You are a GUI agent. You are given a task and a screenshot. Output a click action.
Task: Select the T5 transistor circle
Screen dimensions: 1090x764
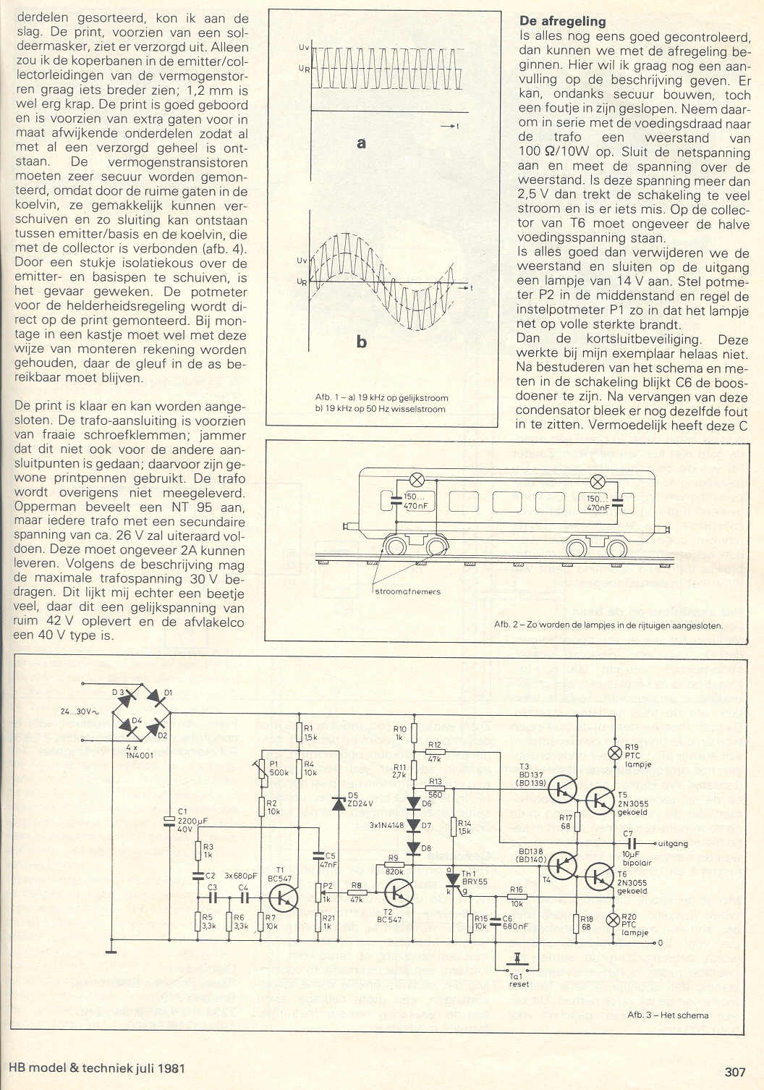click(600, 798)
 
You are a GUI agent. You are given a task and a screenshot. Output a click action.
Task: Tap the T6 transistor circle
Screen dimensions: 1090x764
click(600, 876)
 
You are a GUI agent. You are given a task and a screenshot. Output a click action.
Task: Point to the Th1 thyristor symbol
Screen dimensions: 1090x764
click(454, 879)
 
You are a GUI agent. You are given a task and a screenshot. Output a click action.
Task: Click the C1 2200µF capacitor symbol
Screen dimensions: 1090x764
click(169, 820)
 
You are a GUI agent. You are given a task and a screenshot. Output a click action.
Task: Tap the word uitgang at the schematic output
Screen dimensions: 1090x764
click(675, 844)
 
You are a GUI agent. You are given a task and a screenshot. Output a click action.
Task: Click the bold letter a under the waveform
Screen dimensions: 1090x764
click(361, 143)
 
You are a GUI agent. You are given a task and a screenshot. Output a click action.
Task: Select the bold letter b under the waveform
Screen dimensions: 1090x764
click(361, 342)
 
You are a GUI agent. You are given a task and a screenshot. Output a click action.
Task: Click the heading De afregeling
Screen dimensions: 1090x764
click(562, 21)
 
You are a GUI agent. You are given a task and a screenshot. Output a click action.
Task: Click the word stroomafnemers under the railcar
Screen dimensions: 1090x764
click(408, 591)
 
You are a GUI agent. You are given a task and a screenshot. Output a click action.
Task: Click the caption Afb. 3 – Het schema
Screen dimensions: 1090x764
click(668, 1015)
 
